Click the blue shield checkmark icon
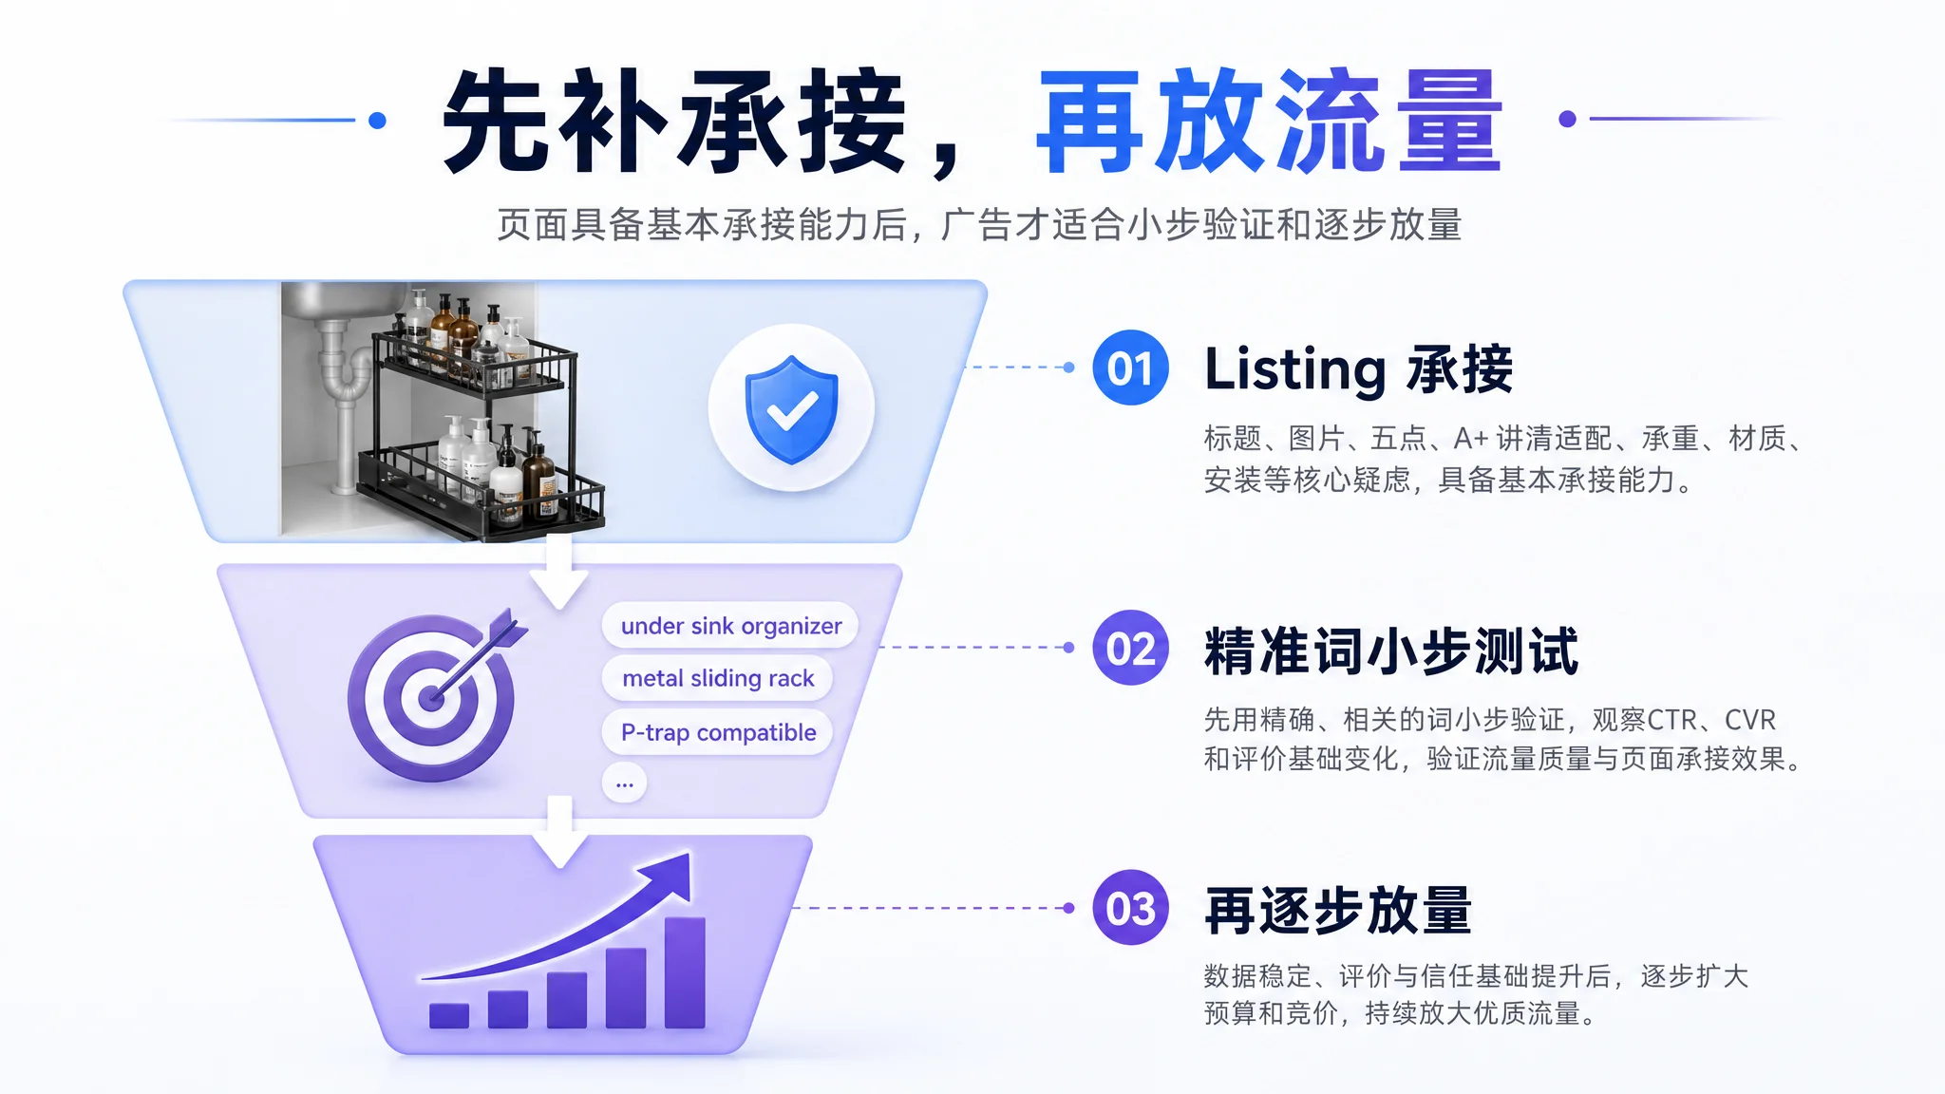click(791, 409)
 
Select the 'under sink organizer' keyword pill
click(730, 626)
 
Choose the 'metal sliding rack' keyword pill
click(718, 678)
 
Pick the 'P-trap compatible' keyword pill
click(718, 732)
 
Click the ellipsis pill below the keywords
click(624, 783)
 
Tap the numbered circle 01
click(1130, 368)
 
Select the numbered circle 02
click(1130, 649)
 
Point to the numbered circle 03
click(1130, 908)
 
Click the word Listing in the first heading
click(1295, 369)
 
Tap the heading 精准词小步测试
click(1391, 651)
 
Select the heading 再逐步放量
click(1338, 911)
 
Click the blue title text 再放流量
click(1269, 121)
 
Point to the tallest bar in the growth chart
click(685, 972)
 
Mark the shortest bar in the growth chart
click(449, 1016)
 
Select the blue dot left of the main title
click(377, 120)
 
